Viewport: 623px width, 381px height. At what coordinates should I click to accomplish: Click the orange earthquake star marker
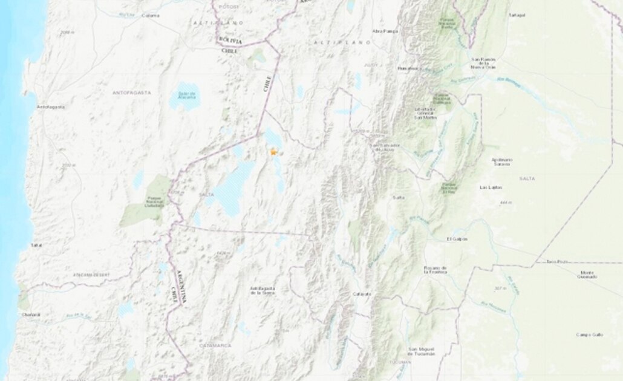[x=273, y=152]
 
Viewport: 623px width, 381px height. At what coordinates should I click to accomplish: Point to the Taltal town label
[x=36, y=245]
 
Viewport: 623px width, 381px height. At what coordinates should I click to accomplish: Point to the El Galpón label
[x=457, y=239]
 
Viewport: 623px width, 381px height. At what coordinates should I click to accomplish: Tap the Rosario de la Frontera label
[x=435, y=270]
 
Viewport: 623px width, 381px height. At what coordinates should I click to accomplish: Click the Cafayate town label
[x=362, y=294]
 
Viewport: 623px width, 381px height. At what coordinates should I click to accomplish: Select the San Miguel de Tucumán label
[x=422, y=351]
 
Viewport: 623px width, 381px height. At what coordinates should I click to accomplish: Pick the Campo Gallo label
[x=586, y=334]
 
